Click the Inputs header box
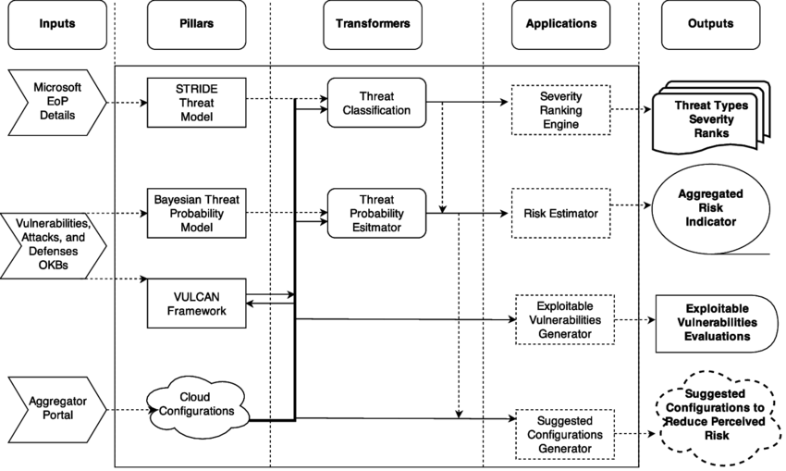pos(57,24)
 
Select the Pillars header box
pos(196,24)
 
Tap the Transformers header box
pos(375,24)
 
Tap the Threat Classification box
pos(375,103)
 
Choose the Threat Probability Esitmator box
pos(375,214)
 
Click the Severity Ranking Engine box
pos(560,110)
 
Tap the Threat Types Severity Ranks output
pos(710,119)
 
